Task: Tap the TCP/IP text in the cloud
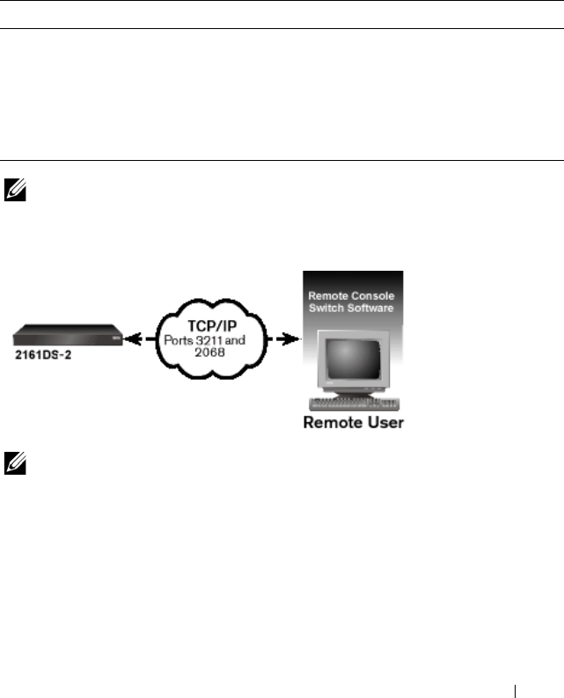pyautogui.click(x=206, y=324)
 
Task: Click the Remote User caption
pyautogui.click(x=353, y=423)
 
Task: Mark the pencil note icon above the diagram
pyautogui.click(x=15, y=186)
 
